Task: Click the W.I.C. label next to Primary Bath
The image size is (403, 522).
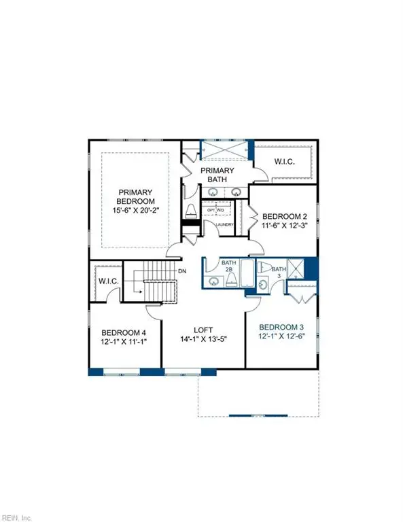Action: coord(284,162)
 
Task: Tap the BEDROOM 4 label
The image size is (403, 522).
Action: coord(124,332)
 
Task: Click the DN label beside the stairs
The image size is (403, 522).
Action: coord(182,271)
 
